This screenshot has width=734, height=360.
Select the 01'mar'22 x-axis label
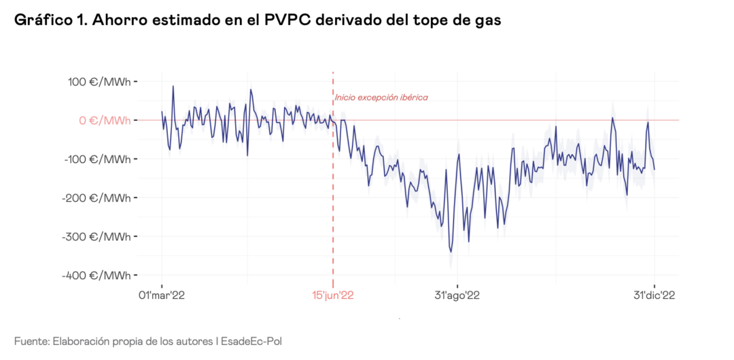tap(161, 295)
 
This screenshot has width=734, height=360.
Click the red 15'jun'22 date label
tap(333, 295)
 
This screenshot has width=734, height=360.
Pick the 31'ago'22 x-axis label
tap(457, 295)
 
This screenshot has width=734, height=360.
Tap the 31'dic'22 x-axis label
tap(654, 295)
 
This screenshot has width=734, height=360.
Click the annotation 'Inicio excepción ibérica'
tap(381, 98)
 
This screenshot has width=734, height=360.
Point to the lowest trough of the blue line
tap(451, 251)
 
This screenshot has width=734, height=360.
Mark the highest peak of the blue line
tap(173, 86)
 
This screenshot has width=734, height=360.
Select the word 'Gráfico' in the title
tap(43, 20)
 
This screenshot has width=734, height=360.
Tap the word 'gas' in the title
tap(487, 20)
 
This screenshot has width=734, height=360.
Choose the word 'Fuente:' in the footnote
tap(31, 340)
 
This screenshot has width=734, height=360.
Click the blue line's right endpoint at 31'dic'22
tap(654, 169)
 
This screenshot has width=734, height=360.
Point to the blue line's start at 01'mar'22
tap(162, 112)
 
